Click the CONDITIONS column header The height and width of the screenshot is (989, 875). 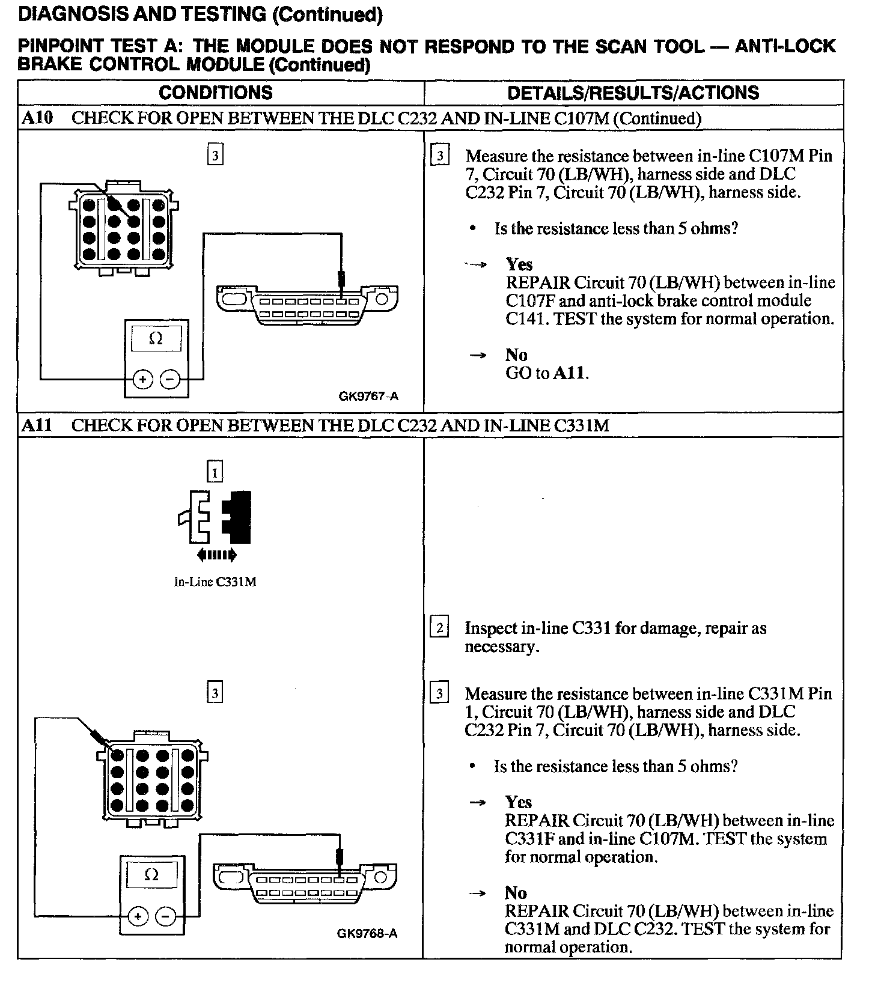click(x=215, y=93)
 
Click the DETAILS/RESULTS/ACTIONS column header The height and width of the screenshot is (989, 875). click(x=633, y=93)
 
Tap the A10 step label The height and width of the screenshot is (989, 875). click(x=37, y=118)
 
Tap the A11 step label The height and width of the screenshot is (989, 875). click(x=37, y=425)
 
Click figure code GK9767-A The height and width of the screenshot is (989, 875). click(x=368, y=396)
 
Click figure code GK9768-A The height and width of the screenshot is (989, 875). click(x=367, y=933)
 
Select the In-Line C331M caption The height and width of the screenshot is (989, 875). click(x=215, y=582)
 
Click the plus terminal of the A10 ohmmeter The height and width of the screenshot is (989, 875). click(x=142, y=379)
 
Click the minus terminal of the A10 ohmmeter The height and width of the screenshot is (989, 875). click(x=169, y=379)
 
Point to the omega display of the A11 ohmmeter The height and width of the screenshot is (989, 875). click(x=151, y=875)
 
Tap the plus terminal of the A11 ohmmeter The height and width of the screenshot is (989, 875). click(x=138, y=916)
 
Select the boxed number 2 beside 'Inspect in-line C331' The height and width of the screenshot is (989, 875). click(x=439, y=628)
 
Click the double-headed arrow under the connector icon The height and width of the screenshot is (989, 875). click(x=216, y=555)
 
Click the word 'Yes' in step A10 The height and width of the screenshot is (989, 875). click(x=519, y=264)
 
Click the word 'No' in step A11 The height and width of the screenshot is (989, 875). click(x=516, y=893)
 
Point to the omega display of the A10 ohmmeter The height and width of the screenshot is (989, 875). click(x=156, y=338)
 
